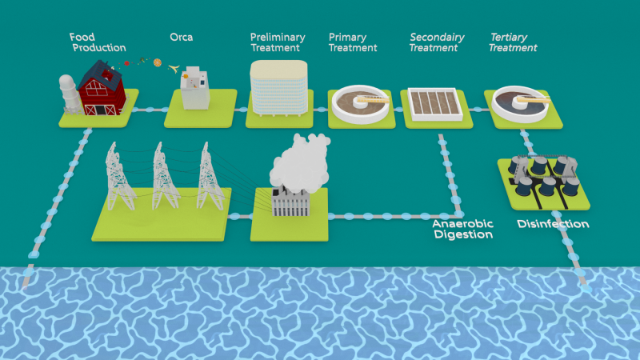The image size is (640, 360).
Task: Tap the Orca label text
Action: (x=182, y=38)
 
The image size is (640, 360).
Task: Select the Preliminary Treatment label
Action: (x=278, y=42)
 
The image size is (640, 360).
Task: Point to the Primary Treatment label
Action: (x=353, y=42)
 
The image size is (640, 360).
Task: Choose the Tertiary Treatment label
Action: (x=513, y=42)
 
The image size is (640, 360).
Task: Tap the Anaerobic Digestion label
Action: (x=463, y=229)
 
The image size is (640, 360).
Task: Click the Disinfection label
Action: (x=553, y=224)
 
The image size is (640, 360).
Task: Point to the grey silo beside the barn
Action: (x=69, y=94)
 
